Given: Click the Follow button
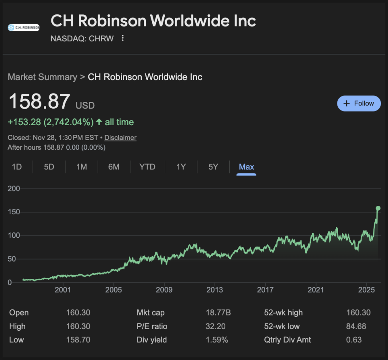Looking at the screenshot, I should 359,104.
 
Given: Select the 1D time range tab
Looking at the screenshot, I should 17,167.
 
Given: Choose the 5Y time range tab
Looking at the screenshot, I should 213,167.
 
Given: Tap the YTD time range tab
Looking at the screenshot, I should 147,167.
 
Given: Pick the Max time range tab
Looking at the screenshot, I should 246,167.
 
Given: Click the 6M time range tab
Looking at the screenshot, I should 114,167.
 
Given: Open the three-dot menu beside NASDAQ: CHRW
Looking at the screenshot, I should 123,39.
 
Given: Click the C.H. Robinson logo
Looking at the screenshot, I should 24,28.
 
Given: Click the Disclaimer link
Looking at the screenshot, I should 120,138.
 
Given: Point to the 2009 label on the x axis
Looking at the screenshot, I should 164,290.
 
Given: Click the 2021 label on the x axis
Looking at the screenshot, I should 316,290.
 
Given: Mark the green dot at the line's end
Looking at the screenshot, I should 378,208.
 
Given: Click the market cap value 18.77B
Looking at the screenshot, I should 218,313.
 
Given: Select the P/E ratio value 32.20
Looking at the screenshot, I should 215,326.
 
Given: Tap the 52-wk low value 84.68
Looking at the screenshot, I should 356,326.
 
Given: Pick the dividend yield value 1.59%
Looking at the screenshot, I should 217,340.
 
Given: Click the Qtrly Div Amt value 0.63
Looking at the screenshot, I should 354,340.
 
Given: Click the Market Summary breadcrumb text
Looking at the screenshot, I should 42,77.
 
